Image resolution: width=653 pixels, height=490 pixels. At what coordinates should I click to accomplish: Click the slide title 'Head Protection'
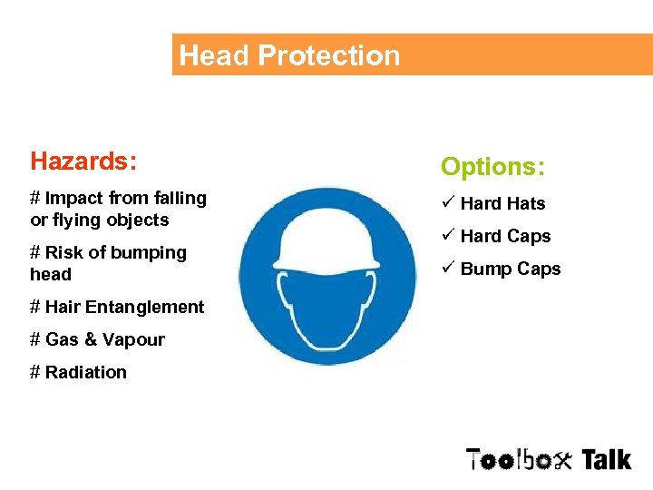pyautogui.click(x=289, y=55)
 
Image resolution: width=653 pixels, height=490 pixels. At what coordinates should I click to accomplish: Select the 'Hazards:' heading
pyautogui.click(x=83, y=162)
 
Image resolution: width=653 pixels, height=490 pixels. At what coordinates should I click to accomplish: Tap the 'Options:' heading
pyautogui.click(x=492, y=167)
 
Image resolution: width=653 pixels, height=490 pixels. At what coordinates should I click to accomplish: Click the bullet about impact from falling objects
pyautogui.click(x=118, y=209)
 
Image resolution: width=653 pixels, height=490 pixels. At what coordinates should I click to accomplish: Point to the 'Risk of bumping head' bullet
pyautogui.click(x=108, y=263)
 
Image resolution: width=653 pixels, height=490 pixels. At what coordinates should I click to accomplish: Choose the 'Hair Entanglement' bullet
pyautogui.click(x=117, y=307)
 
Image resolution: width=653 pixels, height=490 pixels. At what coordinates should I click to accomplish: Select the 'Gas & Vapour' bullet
pyautogui.click(x=97, y=339)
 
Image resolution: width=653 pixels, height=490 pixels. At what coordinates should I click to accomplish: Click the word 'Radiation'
pyautogui.click(x=86, y=372)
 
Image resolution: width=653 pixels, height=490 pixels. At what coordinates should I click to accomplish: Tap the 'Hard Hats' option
pyautogui.click(x=502, y=204)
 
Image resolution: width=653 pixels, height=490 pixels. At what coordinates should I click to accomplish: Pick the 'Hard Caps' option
pyautogui.click(x=505, y=236)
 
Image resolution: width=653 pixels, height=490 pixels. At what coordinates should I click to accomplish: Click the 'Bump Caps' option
pyautogui.click(x=511, y=269)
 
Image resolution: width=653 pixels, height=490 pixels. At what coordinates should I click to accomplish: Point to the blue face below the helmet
pyautogui.click(x=328, y=304)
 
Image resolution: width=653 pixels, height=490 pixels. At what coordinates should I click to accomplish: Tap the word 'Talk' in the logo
pyautogui.click(x=606, y=459)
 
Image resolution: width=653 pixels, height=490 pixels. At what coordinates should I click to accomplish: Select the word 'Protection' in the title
pyautogui.click(x=328, y=55)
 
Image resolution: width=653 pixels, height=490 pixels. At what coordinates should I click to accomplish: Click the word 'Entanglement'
pyautogui.click(x=146, y=307)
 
